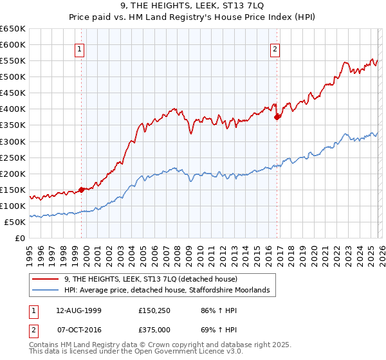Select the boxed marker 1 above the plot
pos(79,49)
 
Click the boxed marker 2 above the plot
pos(275,49)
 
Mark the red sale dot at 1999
pos(82,190)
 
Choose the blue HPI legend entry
pos(170,291)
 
